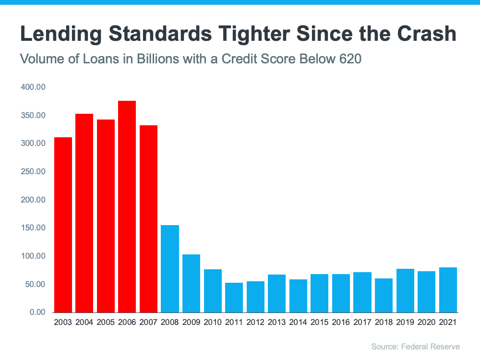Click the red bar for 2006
(x=127, y=206)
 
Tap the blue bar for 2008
(x=170, y=269)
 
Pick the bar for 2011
(x=234, y=298)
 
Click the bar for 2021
(x=447, y=290)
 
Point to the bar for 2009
(x=191, y=283)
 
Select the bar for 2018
(x=384, y=295)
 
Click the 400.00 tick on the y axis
(x=33, y=87)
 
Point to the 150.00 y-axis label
(x=33, y=228)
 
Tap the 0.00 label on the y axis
(x=36, y=312)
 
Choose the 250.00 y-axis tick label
(x=33, y=172)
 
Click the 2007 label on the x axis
(x=148, y=323)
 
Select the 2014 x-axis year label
(x=298, y=323)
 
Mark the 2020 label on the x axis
(x=426, y=323)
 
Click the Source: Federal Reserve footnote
(x=415, y=346)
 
